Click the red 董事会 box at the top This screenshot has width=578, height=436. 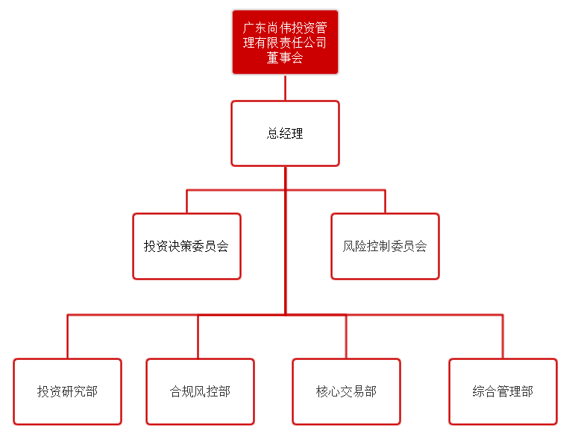pyautogui.click(x=285, y=42)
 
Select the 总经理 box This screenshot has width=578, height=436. pyautogui.click(x=285, y=133)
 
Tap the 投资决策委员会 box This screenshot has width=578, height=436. pyautogui.click(x=186, y=246)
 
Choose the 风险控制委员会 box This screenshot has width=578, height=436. pyautogui.click(x=385, y=246)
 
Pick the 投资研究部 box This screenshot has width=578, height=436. pyautogui.click(x=67, y=391)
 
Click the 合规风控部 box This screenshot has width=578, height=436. pyautogui.click(x=200, y=391)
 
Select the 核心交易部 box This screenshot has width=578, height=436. pyautogui.click(x=346, y=391)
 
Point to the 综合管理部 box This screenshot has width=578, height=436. pyautogui.click(x=503, y=391)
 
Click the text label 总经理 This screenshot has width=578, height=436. pyautogui.click(x=285, y=133)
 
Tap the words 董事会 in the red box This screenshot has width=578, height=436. pyautogui.click(x=285, y=58)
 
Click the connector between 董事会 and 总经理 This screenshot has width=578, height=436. pyautogui.click(x=285, y=88)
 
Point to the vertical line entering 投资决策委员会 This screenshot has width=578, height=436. pyautogui.click(x=186, y=202)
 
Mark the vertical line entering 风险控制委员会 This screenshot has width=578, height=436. pyautogui.click(x=385, y=202)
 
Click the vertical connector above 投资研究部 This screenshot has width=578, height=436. pyautogui.click(x=67, y=337)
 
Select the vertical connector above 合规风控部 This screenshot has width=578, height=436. pyautogui.click(x=198, y=337)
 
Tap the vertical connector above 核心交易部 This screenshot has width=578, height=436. pyautogui.click(x=346, y=337)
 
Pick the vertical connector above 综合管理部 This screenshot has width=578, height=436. pyautogui.click(x=503, y=337)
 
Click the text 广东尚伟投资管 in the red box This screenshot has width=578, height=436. pyautogui.click(x=285, y=28)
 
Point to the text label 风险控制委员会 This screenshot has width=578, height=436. pyautogui.click(x=385, y=246)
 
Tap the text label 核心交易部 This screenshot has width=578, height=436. pyautogui.click(x=346, y=391)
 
